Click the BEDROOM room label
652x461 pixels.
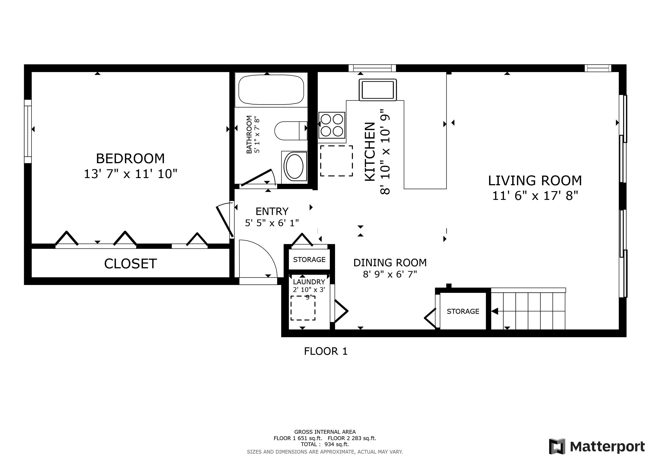pos(130,158)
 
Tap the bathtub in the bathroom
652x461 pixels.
pos(271,89)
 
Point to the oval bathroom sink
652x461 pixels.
pos(295,167)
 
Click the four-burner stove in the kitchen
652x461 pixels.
pos(332,125)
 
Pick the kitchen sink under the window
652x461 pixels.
pos(378,90)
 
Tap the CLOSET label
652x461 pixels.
pos(130,264)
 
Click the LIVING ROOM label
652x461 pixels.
pos(535,181)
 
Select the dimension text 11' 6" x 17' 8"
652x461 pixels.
pos(535,196)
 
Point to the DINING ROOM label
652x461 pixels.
pos(390,263)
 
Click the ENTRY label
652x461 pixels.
pos(272,212)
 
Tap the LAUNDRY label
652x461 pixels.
pos(309,282)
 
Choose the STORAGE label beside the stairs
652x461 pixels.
pos(463,311)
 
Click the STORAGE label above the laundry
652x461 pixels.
pos(309,260)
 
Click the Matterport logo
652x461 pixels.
pos(597,447)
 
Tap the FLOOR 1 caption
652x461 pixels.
pos(326,351)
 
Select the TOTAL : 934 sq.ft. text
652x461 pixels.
pos(325,444)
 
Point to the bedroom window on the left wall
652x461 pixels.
pos(28,131)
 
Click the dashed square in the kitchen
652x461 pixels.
pos(337,161)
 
